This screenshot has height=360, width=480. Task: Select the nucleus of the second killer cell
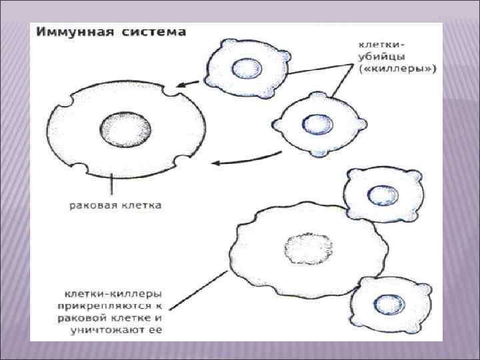click(312, 123)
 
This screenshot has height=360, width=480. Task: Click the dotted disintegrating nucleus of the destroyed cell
click(303, 250)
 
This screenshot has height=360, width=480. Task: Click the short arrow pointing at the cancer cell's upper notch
click(189, 83)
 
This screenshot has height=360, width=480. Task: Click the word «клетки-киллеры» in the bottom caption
click(111, 293)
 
